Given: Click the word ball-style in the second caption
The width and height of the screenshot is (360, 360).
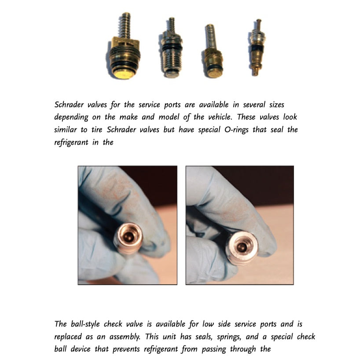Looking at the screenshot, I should coord(86,324).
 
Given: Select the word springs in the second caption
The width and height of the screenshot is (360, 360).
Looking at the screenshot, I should coord(246,337).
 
